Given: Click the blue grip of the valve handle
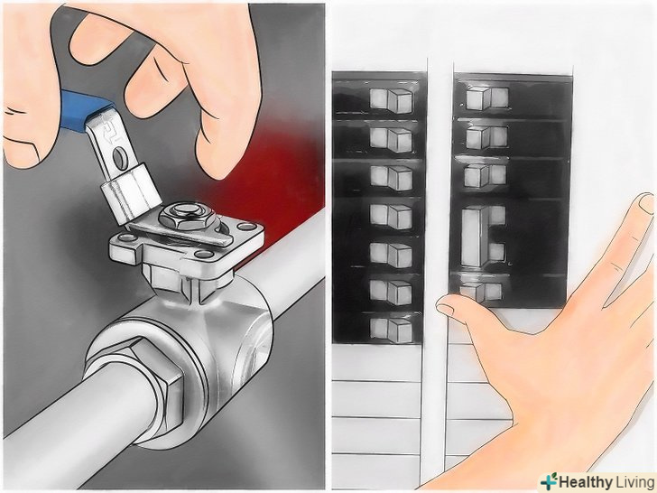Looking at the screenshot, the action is coord(83,109).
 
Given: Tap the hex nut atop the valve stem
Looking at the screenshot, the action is coord(187,217).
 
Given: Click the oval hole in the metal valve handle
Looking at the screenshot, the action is coord(118,157).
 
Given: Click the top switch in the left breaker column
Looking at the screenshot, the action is coord(391,100).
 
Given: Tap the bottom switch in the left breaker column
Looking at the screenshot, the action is coord(392,330).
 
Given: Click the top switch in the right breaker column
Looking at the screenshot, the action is coord(487,98).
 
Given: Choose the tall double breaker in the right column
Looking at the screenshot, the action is coord(483,237).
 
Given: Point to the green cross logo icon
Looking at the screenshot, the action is coord(550,481).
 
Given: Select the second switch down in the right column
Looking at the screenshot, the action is coord(486,137).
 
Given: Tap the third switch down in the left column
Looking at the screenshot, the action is coord(392,178).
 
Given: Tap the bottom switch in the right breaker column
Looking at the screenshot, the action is coord(481,292).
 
